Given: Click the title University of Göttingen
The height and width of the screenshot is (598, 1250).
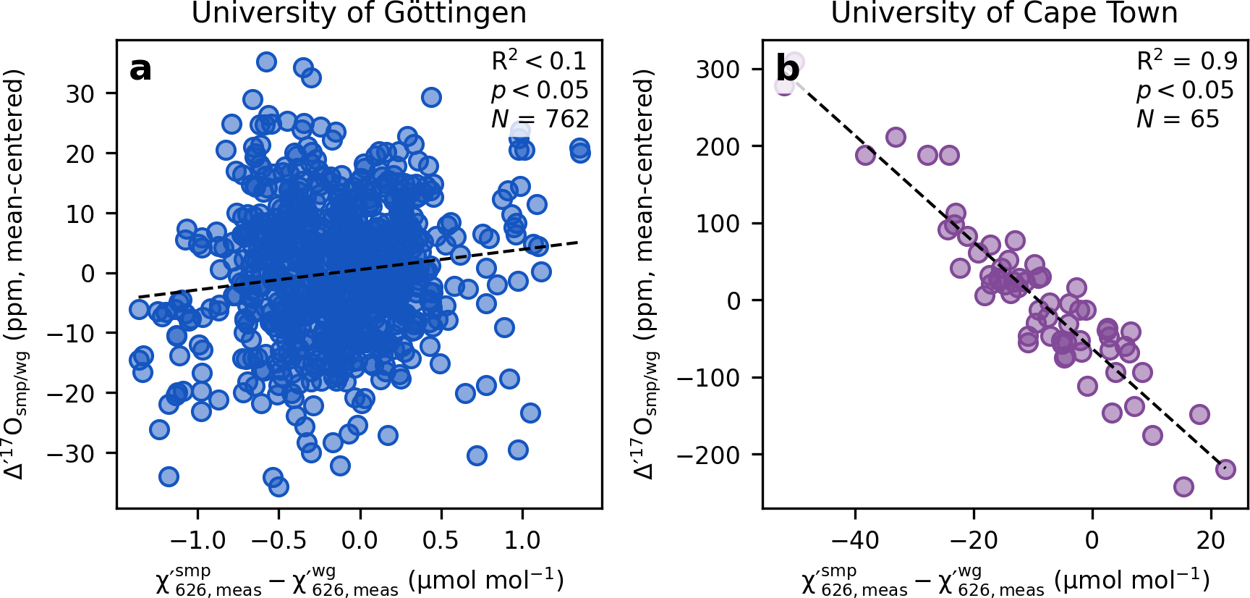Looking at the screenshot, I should pyautogui.click(x=359, y=13).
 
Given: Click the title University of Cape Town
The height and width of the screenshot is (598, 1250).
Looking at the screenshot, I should pyautogui.click(x=1004, y=13).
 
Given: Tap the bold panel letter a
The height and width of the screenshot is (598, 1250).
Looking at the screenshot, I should pyautogui.click(x=140, y=70).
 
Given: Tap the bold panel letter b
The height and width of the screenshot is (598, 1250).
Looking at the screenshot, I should pyautogui.click(x=787, y=70).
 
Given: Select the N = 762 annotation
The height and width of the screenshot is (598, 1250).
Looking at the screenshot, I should pyautogui.click(x=540, y=119).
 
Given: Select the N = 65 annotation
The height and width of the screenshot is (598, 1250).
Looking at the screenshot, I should pyautogui.click(x=1178, y=119).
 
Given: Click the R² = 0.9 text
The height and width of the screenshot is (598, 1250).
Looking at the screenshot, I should pyautogui.click(x=1186, y=62).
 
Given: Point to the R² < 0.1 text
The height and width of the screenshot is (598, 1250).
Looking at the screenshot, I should pyautogui.click(x=539, y=62).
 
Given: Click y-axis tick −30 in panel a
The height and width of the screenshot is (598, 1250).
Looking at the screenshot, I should pyautogui.click(x=70, y=454).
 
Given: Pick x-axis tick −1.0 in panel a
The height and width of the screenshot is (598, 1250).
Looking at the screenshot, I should pyautogui.click(x=197, y=540).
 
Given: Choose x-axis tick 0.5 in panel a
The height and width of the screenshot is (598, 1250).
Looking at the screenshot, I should pyautogui.click(x=441, y=540).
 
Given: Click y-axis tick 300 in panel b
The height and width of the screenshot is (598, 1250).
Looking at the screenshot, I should pyautogui.click(x=718, y=70).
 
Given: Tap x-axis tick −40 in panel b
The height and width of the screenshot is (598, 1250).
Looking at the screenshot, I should pyautogui.click(x=855, y=540).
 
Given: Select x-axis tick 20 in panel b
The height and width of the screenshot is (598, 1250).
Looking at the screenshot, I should pyautogui.click(x=1211, y=540).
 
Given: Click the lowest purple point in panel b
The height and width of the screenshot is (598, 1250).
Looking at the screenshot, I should pyautogui.click(x=1183, y=487).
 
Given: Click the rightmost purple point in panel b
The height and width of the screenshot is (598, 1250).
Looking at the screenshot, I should pyautogui.click(x=1225, y=469).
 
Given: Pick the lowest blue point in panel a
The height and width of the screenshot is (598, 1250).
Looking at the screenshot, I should pyautogui.click(x=279, y=487).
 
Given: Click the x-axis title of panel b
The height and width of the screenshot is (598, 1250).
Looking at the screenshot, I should pyautogui.click(x=1005, y=581).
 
